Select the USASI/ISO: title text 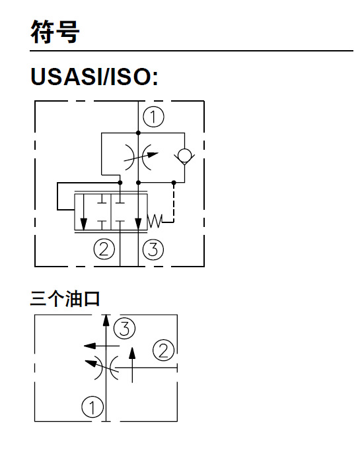pos(94,77)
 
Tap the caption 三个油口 pos(65,300)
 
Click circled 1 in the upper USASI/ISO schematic pos(153,117)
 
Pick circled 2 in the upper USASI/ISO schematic pos(103,249)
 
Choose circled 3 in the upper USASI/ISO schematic pos(153,249)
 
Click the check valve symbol pos(184,157)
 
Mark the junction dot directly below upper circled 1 pos(138,133)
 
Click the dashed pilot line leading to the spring pos(173,205)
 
